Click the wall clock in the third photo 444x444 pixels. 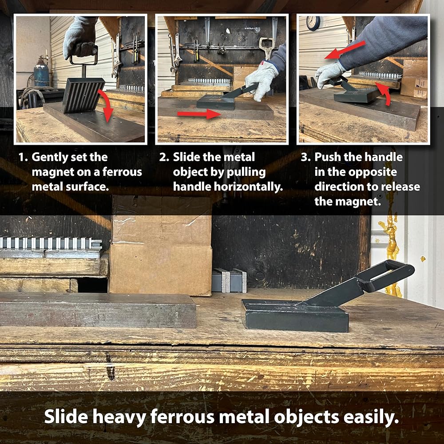(x=313, y=23)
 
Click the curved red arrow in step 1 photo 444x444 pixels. (x=105, y=105)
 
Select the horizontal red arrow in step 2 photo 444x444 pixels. (x=199, y=114)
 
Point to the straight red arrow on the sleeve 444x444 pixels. (x=345, y=50)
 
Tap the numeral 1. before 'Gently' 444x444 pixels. (x=23, y=158)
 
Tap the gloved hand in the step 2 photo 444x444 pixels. (x=261, y=80)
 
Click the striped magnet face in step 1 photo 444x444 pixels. (x=83, y=95)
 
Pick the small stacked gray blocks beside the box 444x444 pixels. (x=229, y=280)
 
